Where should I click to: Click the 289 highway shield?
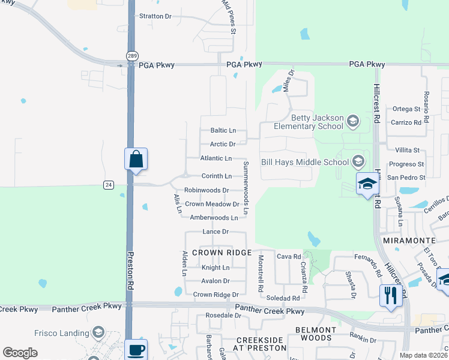pyautogui.click(x=131, y=56)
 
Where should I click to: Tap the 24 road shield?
pyautogui.click(x=108, y=185)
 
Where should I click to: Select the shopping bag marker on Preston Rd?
pyautogui.click(x=136, y=160)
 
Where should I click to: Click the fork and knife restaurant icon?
pyautogui.click(x=390, y=295)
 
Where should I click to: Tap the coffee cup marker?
pyautogui.click(x=136, y=350)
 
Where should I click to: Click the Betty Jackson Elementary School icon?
pyautogui.click(x=352, y=122)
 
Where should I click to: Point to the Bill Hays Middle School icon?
pyautogui.click(x=358, y=161)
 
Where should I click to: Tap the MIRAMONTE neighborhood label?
pyautogui.click(x=405, y=240)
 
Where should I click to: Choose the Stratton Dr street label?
pyautogui.click(x=155, y=16)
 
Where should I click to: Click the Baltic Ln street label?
pyautogui.click(x=223, y=130)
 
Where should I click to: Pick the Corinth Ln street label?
pyautogui.click(x=216, y=176)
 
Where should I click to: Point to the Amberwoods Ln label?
pyautogui.click(x=214, y=218)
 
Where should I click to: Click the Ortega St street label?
pyautogui.click(x=406, y=109)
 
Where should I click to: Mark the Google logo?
pyautogui.click(x=20, y=353)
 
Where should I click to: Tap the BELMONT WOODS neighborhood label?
pyautogui.click(x=315, y=334)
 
